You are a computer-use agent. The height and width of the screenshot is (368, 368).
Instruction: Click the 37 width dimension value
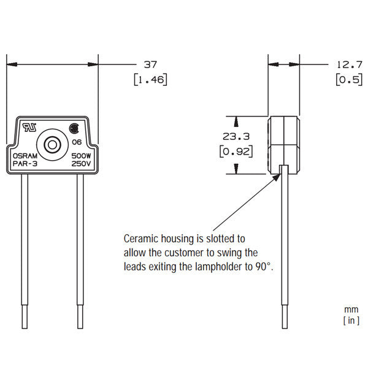point(150,64)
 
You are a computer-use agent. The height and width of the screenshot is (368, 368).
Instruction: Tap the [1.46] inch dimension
point(150,79)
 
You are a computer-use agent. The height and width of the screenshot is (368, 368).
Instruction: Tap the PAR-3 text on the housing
point(24,164)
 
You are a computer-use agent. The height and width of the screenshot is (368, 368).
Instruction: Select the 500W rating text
point(82,156)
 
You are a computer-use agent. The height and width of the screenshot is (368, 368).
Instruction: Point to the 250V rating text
point(82,164)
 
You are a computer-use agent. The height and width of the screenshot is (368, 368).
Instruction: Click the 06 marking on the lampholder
point(77,142)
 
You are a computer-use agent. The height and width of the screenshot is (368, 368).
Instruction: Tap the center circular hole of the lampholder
point(52,145)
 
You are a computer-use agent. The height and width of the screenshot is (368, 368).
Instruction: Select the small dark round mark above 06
point(75,129)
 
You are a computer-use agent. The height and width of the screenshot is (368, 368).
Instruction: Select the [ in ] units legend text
point(351,320)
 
